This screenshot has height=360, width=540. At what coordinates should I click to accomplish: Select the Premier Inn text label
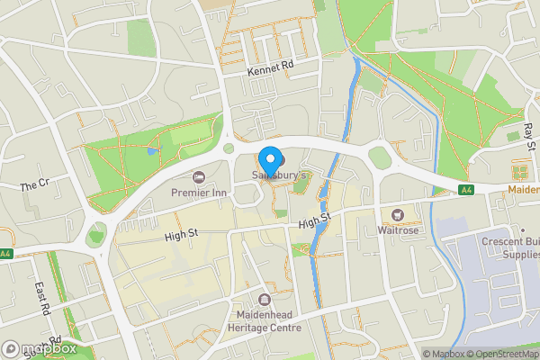click(x=199, y=192)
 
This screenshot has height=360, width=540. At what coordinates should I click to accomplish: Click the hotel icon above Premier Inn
click(x=199, y=175)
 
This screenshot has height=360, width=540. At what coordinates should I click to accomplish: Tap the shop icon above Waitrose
click(x=397, y=215)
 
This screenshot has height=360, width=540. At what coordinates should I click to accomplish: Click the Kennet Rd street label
click(x=270, y=69)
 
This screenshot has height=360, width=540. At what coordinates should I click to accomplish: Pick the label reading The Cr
click(x=34, y=184)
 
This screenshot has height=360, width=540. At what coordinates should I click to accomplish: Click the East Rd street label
click(x=41, y=300)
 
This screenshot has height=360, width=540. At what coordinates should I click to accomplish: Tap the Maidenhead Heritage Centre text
click(x=264, y=321)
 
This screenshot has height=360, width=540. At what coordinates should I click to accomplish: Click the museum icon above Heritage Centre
click(x=264, y=300)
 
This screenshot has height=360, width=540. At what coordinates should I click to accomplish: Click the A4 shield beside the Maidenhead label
click(x=466, y=190)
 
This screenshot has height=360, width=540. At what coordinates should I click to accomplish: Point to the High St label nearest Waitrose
click(x=315, y=220)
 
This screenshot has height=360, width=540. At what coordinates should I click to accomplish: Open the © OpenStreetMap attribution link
click(x=506, y=354)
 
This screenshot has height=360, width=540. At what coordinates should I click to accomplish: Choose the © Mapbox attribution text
click(x=446, y=354)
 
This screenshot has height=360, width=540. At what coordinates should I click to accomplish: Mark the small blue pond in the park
click(x=152, y=151)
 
